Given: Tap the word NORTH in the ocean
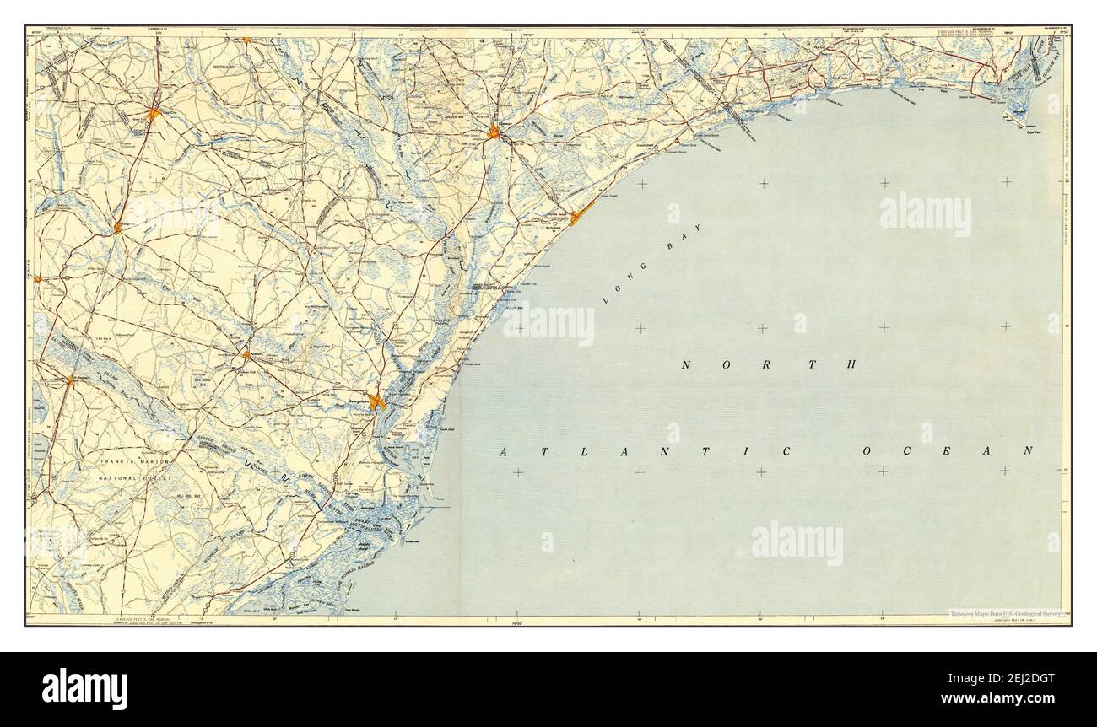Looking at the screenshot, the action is point(770,364).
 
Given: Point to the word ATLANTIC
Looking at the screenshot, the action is point(646,452).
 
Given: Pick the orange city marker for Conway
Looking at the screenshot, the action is point(495,131).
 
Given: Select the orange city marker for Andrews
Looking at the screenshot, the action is point(246,355).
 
